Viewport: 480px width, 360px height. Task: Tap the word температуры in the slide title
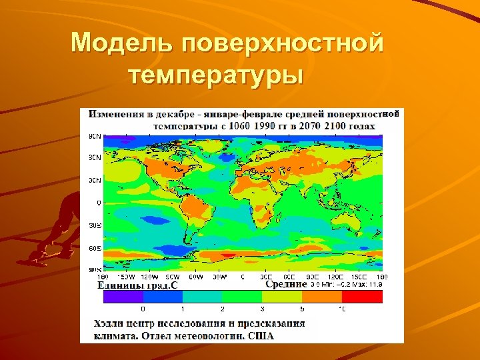pos(216,75)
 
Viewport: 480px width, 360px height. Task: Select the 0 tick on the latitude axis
pos(99,202)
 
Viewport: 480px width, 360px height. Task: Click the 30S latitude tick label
pos(95,225)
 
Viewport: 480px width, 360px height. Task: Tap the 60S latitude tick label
pos(95,247)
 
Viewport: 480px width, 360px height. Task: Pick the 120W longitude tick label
pos(149,276)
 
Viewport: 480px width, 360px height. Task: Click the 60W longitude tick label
pos(195,276)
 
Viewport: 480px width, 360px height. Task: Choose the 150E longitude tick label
pos(359,276)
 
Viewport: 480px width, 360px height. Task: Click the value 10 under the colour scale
pos(342,309)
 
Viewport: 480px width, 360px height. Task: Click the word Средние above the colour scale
pos(286,284)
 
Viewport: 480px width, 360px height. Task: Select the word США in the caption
pos(261,335)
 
